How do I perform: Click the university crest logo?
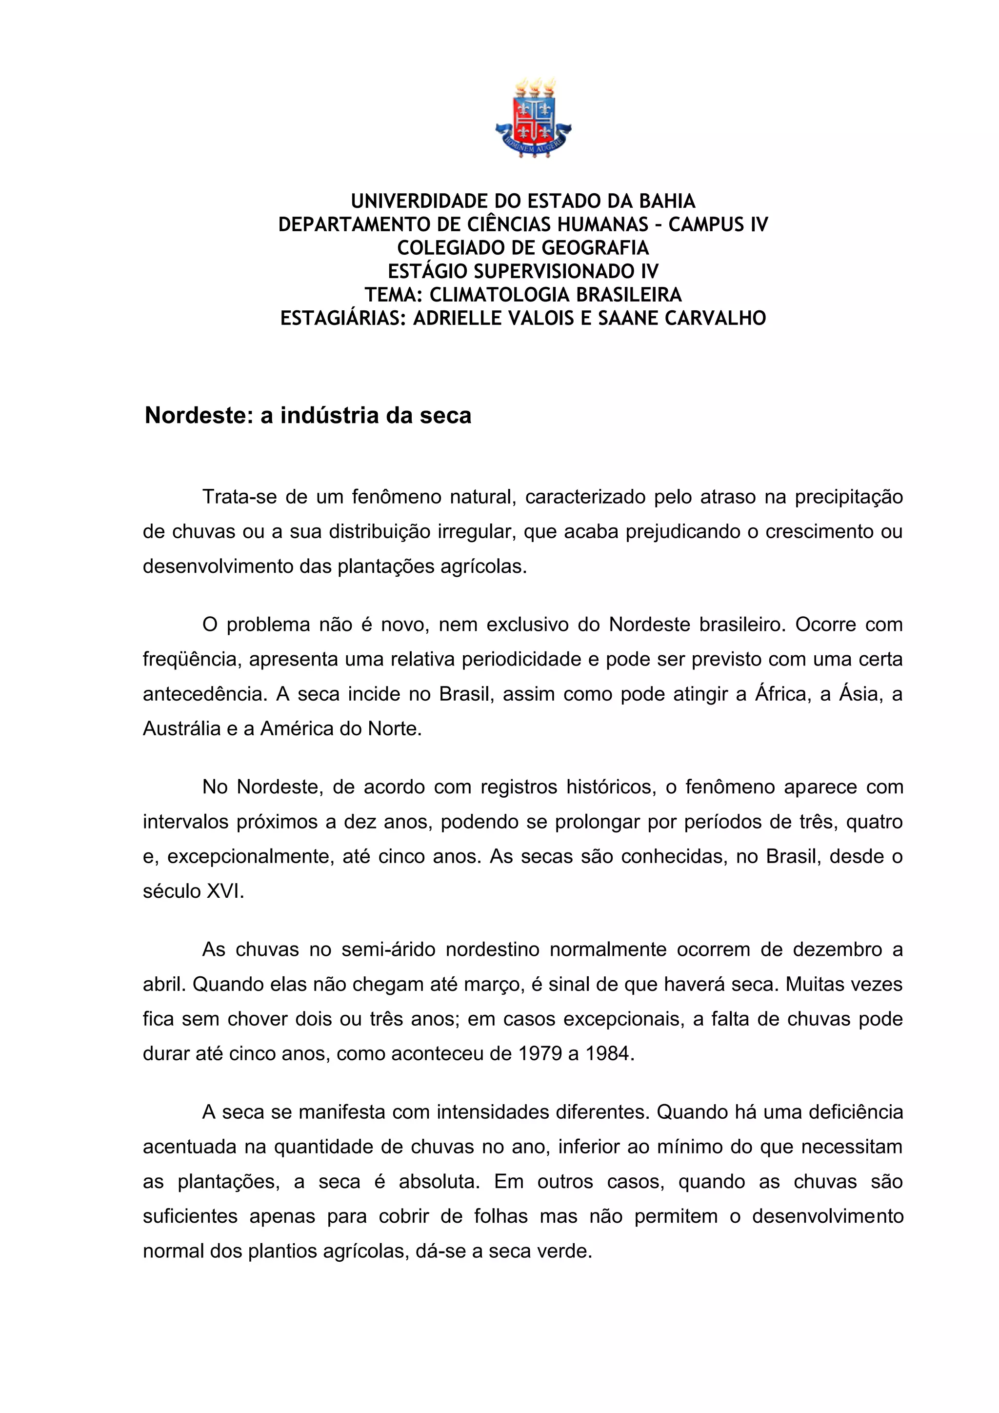[x=533, y=118]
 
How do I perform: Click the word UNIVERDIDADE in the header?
[x=419, y=201]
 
